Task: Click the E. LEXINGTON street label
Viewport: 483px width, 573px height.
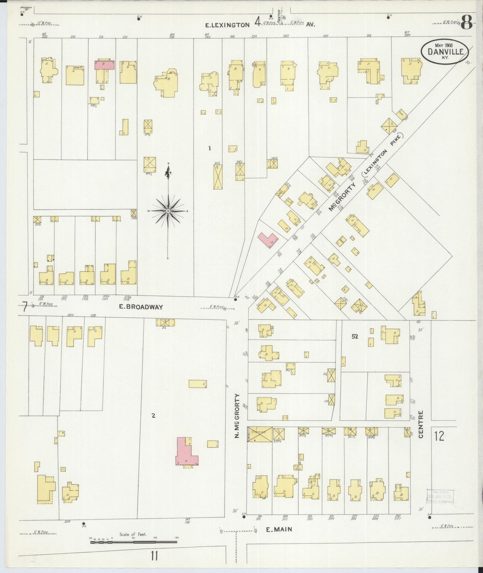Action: (227, 25)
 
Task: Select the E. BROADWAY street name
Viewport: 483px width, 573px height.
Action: (141, 307)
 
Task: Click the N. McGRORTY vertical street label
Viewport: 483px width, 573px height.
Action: (237, 416)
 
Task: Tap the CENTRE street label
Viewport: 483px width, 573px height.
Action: (421, 424)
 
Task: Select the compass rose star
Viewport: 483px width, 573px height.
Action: (168, 211)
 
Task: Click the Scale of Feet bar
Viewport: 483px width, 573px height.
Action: (134, 541)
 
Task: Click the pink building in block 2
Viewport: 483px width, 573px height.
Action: (186, 452)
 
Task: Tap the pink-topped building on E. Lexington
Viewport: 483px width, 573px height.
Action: (104, 65)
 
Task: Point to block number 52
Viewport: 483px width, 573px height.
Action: (355, 337)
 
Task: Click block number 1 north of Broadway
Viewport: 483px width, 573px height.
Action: (210, 148)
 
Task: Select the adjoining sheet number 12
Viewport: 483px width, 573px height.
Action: (439, 436)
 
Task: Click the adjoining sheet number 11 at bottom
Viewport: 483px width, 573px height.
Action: (154, 556)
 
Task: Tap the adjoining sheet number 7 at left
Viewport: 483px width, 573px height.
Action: (24, 307)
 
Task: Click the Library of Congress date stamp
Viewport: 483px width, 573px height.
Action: (440, 496)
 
